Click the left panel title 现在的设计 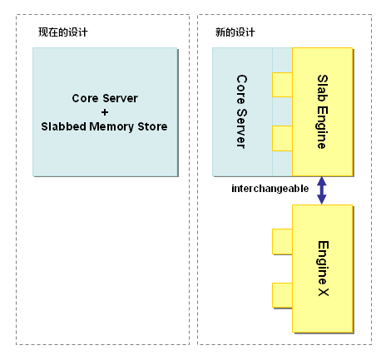click(x=63, y=32)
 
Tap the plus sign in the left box click(x=104, y=112)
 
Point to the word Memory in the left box click(x=114, y=126)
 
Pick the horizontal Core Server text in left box click(x=104, y=98)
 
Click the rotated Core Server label click(x=241, y=111)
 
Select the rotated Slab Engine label click(x=322, y=111)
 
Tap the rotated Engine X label click(x=322, y=269)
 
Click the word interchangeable click(x=270, y=189)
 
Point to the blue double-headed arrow click(x=321, y=189)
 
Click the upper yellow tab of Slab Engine click(x=282, y=85)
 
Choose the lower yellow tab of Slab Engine click(x=282, y=137)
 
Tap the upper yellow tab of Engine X click(x=282, y=242)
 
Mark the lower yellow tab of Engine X click(x=282, y=294)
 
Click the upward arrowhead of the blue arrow click(x=321, y=179)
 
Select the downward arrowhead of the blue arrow click(x=321, y=199)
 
